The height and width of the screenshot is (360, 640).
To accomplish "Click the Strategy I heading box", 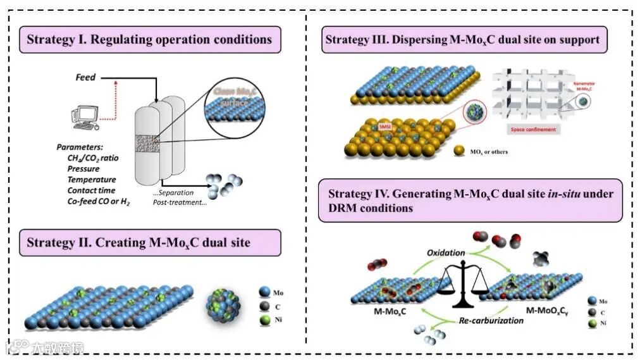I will point(150,39).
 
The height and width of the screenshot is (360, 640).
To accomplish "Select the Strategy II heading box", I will point(150,242).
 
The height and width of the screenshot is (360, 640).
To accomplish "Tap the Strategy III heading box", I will point(462,39).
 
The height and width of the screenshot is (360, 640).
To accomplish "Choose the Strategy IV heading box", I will point(470,200).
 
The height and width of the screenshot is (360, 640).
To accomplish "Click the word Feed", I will point(85,77).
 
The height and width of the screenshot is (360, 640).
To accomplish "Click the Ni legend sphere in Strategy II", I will point(264,320).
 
